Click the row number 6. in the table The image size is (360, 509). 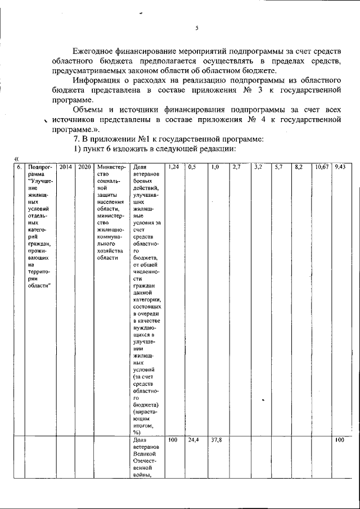[x=19, y=167]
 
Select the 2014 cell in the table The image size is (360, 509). [x=65, y=167]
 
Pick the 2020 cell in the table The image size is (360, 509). [x=84, y=167]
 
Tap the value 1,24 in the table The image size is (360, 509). [x=173, y=167]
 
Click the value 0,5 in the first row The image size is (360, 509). [x=192, y=167]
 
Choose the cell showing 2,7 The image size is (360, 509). [x=236, y=167]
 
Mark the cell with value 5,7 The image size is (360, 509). [x=278, y=167]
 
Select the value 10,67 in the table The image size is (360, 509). [x=322, y=167]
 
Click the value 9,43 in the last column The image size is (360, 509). [x=340, y=167]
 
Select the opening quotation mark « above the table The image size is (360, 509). [x=16, y=159]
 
